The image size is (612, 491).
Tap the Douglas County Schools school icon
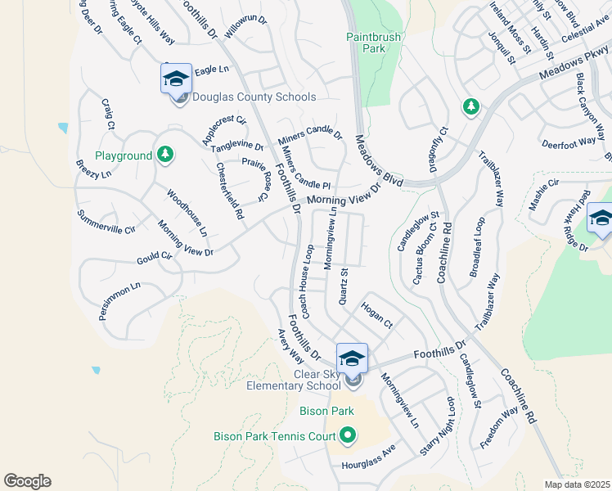176,79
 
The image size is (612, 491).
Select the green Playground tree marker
165,154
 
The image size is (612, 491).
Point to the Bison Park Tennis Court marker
348,435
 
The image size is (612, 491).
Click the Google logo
27,481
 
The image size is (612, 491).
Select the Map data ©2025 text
577,484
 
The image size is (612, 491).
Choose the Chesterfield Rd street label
229,190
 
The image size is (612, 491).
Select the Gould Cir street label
155,256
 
